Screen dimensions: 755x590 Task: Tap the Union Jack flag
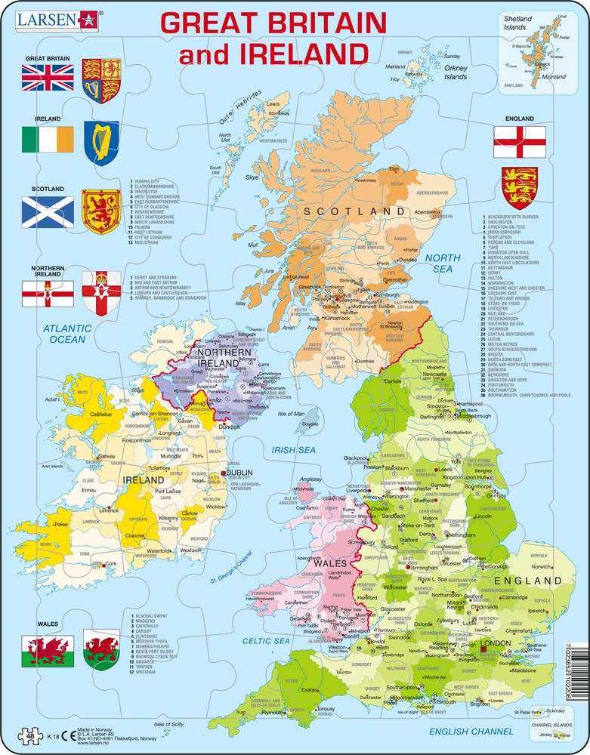point(48,77)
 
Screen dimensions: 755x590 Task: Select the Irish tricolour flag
point(48,139)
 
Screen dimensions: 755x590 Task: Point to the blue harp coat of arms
point(100,141)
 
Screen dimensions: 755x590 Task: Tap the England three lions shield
point(520,189)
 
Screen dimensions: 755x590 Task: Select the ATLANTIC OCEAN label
point(66,334)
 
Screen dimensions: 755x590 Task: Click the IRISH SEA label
point(293,449)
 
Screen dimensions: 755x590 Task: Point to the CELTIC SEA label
point(266,641)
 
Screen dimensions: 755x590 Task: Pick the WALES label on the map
point(330,563)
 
